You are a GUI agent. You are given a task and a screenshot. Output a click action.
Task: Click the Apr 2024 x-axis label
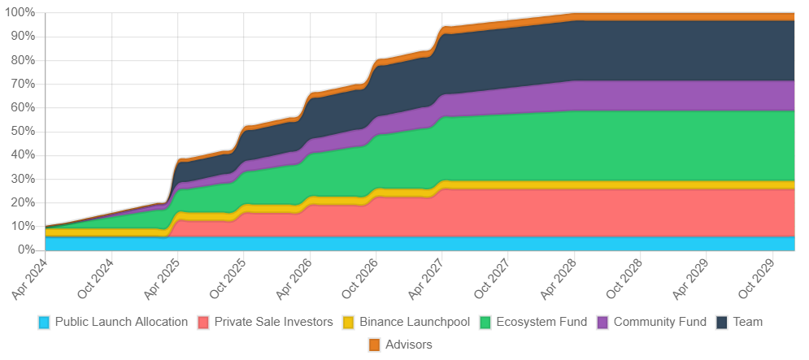(28, 273)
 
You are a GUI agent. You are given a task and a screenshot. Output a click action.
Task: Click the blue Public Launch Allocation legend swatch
(45, 323)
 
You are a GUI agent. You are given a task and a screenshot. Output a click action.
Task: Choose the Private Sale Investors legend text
(274, 322)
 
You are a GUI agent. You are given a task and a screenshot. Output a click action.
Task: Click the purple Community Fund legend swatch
(603, 323)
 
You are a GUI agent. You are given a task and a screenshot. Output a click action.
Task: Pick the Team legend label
(748, 322)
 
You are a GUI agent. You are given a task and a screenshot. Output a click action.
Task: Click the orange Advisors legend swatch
(374, 345)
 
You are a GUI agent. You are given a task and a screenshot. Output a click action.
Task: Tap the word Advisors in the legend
(409, 345)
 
